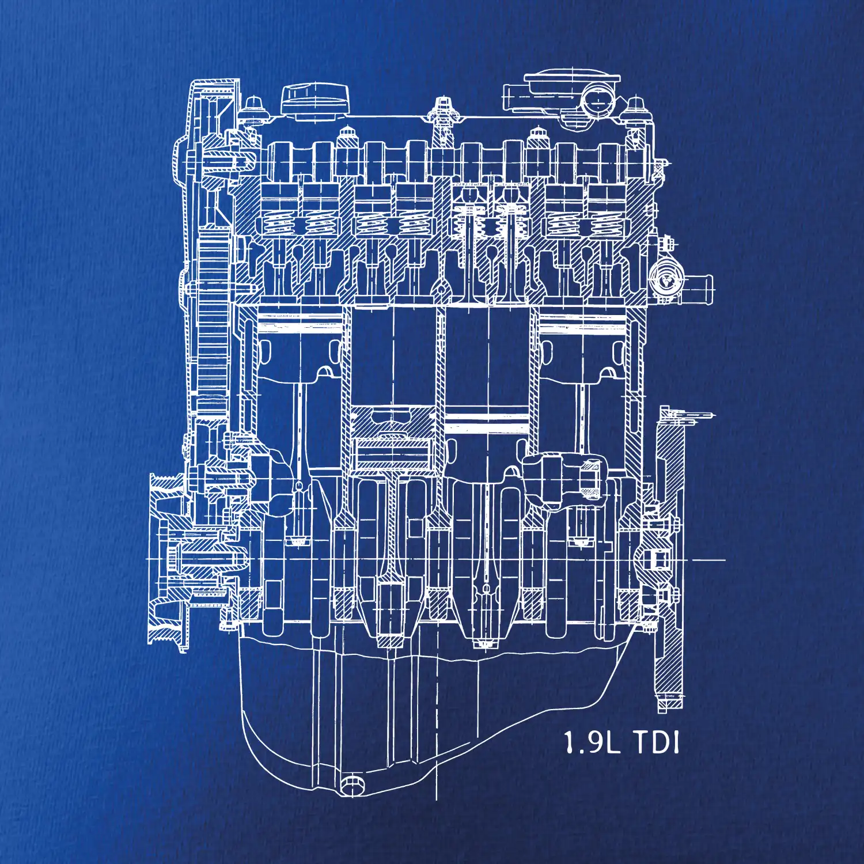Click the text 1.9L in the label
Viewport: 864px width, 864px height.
592,742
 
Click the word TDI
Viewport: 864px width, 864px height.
657,742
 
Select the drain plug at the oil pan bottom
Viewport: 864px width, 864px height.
351,785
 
